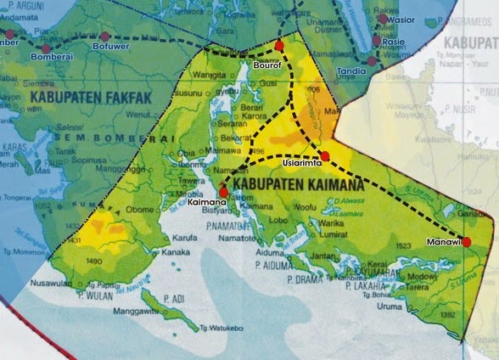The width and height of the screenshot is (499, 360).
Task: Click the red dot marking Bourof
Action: [278, 44]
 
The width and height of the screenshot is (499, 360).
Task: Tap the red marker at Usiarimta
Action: [324, 155]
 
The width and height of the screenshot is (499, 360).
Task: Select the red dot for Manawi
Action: [466, 241]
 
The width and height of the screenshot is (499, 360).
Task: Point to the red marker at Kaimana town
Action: [223, 192]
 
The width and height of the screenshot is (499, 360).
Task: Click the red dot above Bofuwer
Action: [104, 36]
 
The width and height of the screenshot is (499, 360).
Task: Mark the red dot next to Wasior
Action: [383, 19]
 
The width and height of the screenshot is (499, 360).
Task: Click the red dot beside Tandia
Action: [370, 60]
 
